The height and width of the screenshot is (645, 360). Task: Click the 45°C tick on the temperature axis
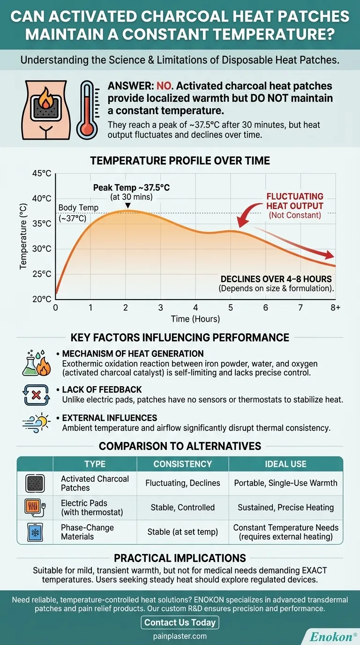(41, 173)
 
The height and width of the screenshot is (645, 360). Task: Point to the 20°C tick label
(41, 299)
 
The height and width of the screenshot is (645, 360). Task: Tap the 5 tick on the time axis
(231, 308)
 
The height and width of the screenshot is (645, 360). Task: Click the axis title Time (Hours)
(195, 319)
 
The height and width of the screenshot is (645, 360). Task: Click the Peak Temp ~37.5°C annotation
(131, 187)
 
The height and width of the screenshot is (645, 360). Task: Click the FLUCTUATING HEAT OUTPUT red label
(295, 202)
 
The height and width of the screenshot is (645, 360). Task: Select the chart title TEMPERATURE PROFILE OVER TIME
(180, 161)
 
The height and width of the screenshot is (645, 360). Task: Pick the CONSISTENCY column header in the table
(182, 464)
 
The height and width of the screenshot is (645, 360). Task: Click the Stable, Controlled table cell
(182, 507)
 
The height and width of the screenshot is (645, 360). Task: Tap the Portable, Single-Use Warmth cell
(285, 483)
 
